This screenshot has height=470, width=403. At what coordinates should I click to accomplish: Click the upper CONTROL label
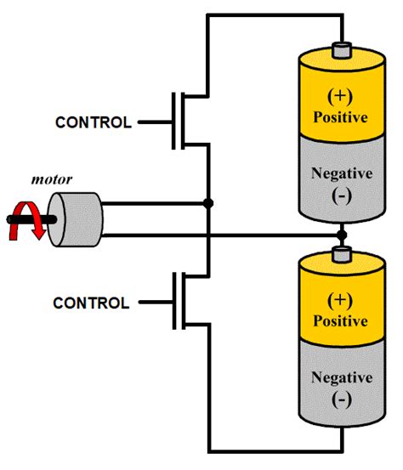(94, 122)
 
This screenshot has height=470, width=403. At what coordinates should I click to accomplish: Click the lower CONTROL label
(92, 303)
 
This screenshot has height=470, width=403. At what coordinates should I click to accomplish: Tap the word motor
(50, 180)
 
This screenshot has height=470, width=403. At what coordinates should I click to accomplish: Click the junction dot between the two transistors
(208, 203)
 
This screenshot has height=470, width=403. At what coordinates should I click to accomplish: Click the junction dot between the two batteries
(341, 233)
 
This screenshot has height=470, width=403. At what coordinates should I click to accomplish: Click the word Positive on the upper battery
(341, 116)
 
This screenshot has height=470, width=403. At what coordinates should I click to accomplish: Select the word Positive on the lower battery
(341, 321)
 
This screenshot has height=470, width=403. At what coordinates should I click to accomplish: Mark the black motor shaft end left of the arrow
(11, 218)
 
